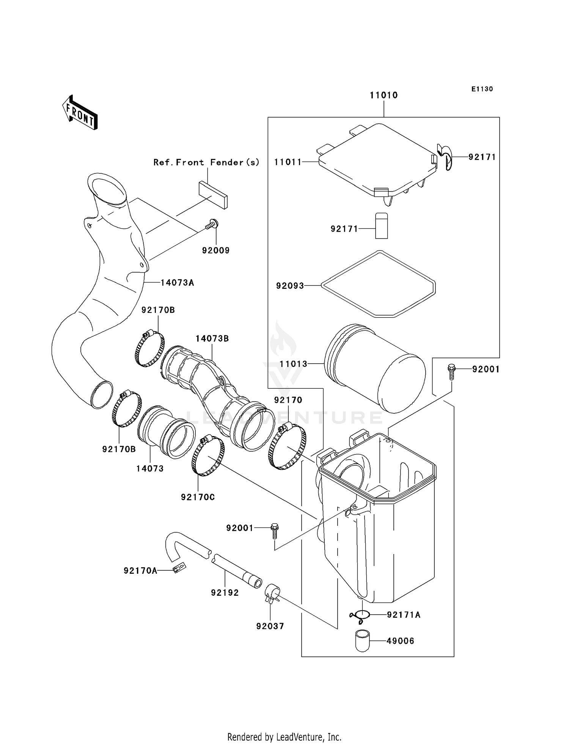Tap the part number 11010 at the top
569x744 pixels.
(384, 95)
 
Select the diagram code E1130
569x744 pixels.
(482, 89)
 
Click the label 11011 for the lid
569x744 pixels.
(288, 162)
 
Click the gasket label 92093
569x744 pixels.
(290, 286)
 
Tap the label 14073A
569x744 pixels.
(177, 283)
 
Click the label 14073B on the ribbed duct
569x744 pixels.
(212, 338)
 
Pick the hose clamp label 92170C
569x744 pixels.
(198, 497)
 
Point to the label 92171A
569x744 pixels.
(404, 615)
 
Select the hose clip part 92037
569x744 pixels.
(272, 593)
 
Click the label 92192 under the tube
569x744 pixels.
(225, 592)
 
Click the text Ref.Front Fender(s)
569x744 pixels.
(206, 162)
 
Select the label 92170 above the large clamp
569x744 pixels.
(288, 400)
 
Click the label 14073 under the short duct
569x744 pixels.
(150, 469)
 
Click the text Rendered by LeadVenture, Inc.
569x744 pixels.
(284, 737)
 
